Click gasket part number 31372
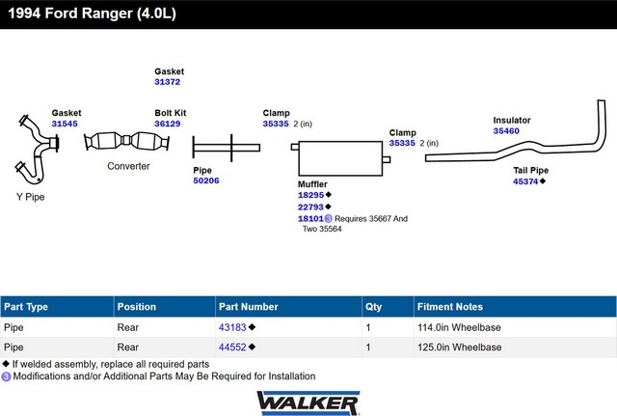pyautogui.click(x=167, y=82)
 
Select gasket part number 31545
pyautogui.click(x=65, y=124)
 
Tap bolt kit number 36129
pyautogui.click(x=167, y=124)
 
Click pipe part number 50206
pyautogui.click(x=205, y=180)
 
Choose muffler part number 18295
pyautogui.click(x=310, y=195)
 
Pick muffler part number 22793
pyautogui.click(x=310, y=207)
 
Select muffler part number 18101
pyautogui.click(x=310, y=219)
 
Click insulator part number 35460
pyautogui.click(x=506, y=131)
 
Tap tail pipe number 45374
pyautogui.click(x=525, y=181)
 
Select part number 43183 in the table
pyautogui.click(x=232, y=327)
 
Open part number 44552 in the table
pyautogui.click(x=232, y=347)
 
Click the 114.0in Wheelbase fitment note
pyautogui.click(x=459, y=327)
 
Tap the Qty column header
pyautogui.click(x=373, y=307)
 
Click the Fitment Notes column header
pyautogui.click(x=450, y=307)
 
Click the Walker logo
pyautogui.click(x=308, y=403)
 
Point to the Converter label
pyautogui.click(x=128, y=166)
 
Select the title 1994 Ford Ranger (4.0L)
pyautogui.click(x=93, y=13)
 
